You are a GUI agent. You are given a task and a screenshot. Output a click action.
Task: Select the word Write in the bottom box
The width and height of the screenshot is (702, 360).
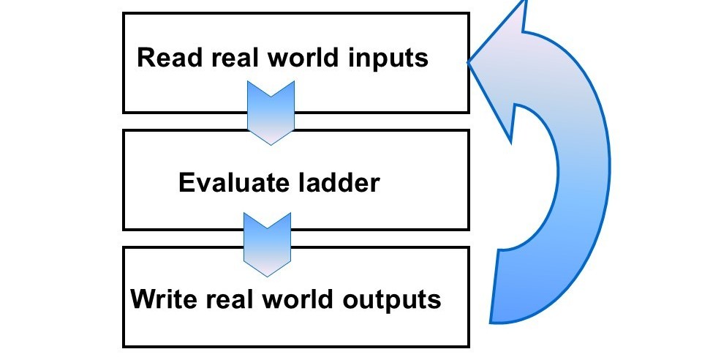click(160, 299)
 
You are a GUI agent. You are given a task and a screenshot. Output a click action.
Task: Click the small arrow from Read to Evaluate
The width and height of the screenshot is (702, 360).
click(271, 110)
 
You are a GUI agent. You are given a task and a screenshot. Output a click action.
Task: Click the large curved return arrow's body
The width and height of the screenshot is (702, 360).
click(578, 183)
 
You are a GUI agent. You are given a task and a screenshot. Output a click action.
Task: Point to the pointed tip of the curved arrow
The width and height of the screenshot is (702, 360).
click(470, 63)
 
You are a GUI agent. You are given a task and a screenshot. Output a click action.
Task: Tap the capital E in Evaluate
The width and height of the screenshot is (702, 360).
click(186, 182)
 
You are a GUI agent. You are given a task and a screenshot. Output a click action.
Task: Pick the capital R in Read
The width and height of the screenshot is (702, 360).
click(146, 58)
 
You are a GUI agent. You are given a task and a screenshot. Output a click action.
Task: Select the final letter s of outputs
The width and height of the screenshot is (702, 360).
click(435, 301)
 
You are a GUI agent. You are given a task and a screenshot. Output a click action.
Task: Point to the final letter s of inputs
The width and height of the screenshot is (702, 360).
click(422, 59)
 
